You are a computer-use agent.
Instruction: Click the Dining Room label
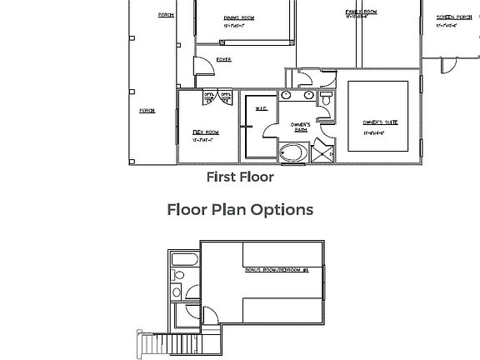click(238, 17)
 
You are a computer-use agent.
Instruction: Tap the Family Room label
click(361, 12)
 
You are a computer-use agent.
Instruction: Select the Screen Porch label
click(453, 17)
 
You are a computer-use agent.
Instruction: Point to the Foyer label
click(223, 60)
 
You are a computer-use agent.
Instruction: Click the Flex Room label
click(205, 132)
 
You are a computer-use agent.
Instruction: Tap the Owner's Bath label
click(300, 127)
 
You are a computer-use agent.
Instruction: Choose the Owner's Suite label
click(379, 122)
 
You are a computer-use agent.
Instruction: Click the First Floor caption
click(240, 177)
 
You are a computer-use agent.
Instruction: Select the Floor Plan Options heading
click(240, 209)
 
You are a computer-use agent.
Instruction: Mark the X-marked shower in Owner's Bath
click(322, 152)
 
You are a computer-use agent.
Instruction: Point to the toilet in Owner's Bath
click(326, 99)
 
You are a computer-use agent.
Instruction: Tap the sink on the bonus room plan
click(177, 291)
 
